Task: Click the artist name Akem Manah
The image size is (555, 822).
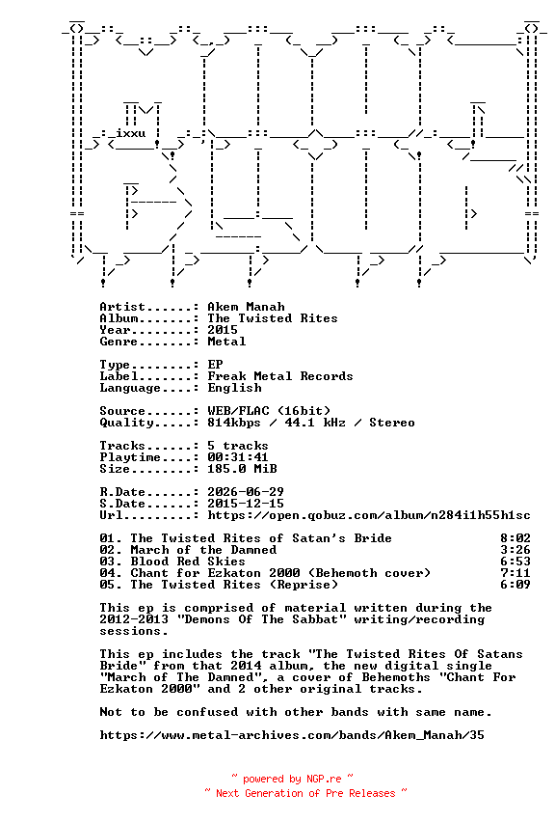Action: pyautogui.click(x=246, y=307)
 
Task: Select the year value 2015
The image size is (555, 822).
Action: pyautogui.click(x=223, y=330)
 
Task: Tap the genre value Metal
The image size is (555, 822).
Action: pyautogui.click(x=226, y=342)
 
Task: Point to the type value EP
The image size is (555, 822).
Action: pyautogui.click(x=215, y=365)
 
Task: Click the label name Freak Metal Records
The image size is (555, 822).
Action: pyautogui.click(x=280, y=376)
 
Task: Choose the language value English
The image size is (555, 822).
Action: pyautogui.click(x=234, y=388)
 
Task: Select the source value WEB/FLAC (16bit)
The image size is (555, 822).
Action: pyautogui.click(x=269, y=410)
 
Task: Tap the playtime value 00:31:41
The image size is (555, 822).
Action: pyautogui.click(x=238, y=457)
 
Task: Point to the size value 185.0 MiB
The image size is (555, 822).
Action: pyautogui.click(x=242, y=469)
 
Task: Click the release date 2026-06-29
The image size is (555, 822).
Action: pyautogui.click(x=246, y=492)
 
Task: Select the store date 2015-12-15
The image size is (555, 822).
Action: pyautogui.click(x=246, y=504)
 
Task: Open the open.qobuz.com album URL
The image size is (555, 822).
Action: pyautogui.click(x=369, y=515)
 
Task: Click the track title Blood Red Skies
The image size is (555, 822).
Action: pyautogui.click(x=188, y=562)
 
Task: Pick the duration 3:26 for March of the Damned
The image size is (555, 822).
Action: pyautogui.click(x=515, y=550)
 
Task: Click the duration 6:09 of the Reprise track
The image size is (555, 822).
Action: pyautogui.click(x=515, y=585)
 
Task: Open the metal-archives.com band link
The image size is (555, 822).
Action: pyautogui.click(x=292, y=735)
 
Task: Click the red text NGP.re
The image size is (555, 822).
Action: pyautogui.click(x=324, y=779)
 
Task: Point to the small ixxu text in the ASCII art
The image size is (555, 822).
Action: pyautogui.click(x=130, y=133)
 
